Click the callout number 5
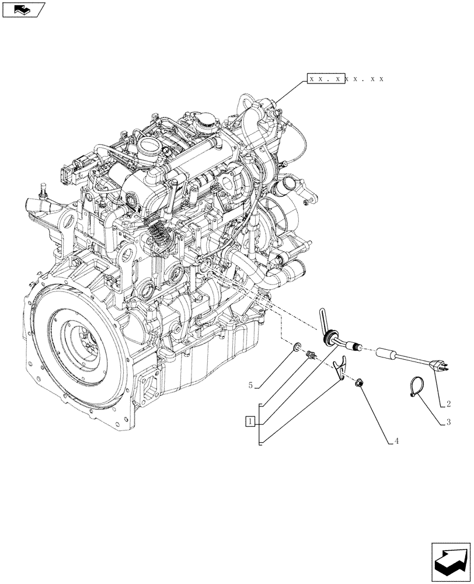click(x=250, y=385)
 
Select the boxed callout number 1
click(x=250, y=421)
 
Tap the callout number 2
click(x=448, y=404)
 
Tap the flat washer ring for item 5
click(x=297, y=349)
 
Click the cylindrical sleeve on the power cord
click(x=386, y=354)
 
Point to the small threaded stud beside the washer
click(x=311, y=354)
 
